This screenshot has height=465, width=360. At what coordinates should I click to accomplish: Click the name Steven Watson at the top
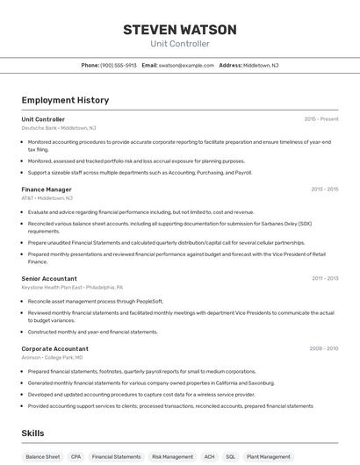click(x=179, y=30)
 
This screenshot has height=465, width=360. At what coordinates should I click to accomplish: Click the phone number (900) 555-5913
click(x=119, y=65)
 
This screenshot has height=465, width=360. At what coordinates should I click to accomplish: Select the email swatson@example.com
click(x=187, y=65)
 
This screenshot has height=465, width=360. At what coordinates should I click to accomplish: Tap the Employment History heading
click(x=65, y=100)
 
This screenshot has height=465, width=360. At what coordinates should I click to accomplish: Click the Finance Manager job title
click(x=47, y=190)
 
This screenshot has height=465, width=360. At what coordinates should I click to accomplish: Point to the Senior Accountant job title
click(x=49, y=278)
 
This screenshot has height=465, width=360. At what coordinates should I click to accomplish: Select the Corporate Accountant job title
click(x=54, y=348)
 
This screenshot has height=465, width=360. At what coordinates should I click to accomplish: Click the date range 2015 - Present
click(x=320, y=118)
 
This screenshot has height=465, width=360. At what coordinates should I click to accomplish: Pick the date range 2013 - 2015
click(x=324, y=190)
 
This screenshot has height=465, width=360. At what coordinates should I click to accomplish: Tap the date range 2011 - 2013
click(x=324, y=278)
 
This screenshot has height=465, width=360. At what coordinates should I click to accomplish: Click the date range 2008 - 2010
click(x=323, y=348)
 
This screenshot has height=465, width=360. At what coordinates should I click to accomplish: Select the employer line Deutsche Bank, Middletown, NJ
click(x=59, y=128)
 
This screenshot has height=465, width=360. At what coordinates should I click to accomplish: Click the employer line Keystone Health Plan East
click(x=72, y=287)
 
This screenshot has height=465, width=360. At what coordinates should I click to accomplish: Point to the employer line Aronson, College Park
click(x=52, y=357)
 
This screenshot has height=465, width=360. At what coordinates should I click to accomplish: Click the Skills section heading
click(x=32, y=433)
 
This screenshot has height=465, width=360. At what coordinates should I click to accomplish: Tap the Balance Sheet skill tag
click(x=43, y=456)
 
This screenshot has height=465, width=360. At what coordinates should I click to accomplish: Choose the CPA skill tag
click(x=76, y=456)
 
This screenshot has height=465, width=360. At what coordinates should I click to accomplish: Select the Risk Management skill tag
click(x=172, y=456)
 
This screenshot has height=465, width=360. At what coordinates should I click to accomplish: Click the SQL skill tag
click(x=231, y=456)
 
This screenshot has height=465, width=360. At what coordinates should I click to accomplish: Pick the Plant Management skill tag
click(x=269, y=456)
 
